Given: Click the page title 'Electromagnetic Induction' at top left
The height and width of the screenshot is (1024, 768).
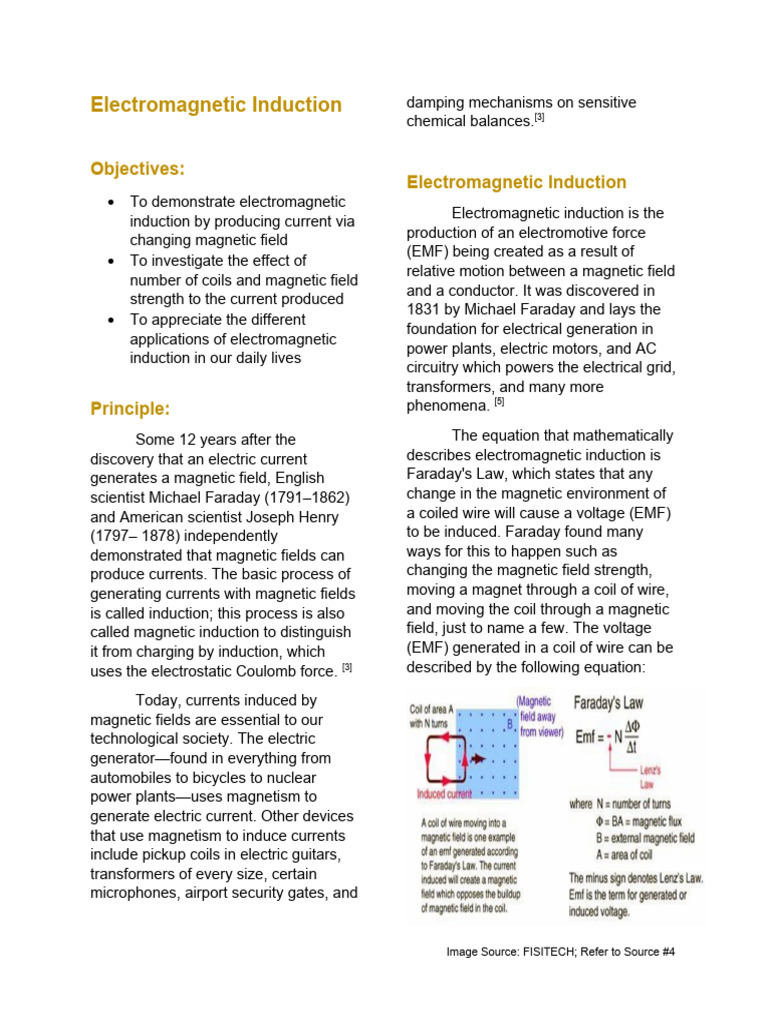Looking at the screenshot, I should pyautogui.click(x=216, y=105).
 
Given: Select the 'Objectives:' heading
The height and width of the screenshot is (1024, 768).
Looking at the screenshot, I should pyautogui.click(x=138, y=169).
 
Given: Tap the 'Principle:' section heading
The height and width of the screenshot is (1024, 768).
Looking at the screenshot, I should pyautogui.click(x=130, y=408).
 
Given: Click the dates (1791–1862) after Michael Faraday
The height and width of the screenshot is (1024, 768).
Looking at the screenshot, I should pyautogui.click(x=305, y=497).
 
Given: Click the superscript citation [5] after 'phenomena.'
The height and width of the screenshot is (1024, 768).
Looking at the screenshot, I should pyautogui.click(x=499, y=402).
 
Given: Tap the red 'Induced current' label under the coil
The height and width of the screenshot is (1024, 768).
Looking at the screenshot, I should pyautogui.click(x=459, y=794).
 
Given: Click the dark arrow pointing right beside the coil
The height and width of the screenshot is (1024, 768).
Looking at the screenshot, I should pyautogui.click(x=478, y=759).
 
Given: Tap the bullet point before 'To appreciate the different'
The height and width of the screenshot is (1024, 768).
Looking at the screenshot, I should pyautogui.click(x=111, y=320).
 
